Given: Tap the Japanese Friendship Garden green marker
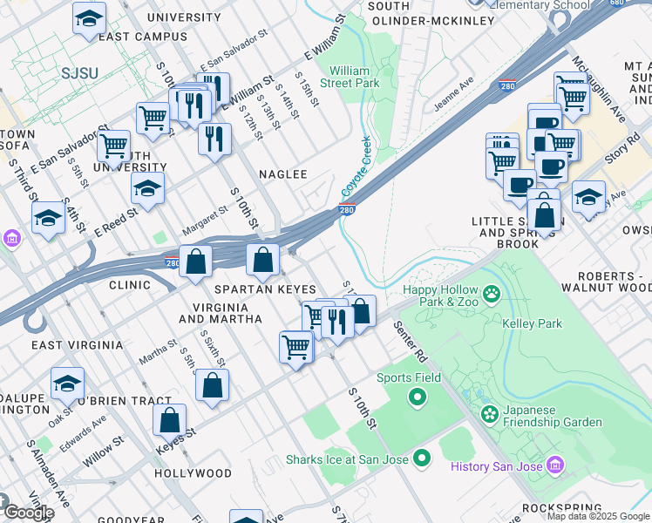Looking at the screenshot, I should click(x=488, y=412).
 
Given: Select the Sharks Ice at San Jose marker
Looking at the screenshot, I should click(x=423, y=458).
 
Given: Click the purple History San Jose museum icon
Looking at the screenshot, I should click(x=555, y=466).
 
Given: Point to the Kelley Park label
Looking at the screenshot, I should click(x=533, y=324).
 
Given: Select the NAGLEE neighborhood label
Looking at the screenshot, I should click(x=283, y=174).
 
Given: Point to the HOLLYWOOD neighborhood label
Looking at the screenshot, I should click(x=193, y=474).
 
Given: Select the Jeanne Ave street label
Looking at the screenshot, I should click(x=452, y=94).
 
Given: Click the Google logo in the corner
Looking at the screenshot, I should click(x=28, y=513).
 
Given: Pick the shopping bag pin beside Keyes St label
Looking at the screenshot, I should click(x=170, y=419).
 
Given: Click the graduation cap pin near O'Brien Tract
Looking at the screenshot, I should click(x=67, y=383).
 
